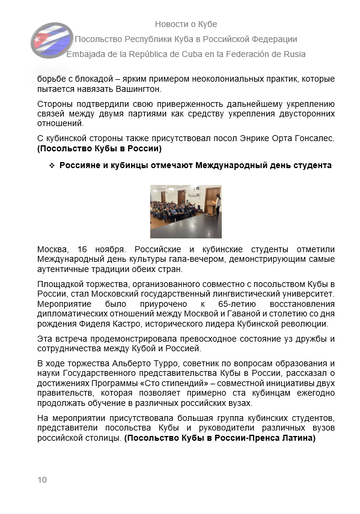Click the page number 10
point(41,481)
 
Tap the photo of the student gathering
point(179,209)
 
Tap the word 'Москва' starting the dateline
point(54,246)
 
